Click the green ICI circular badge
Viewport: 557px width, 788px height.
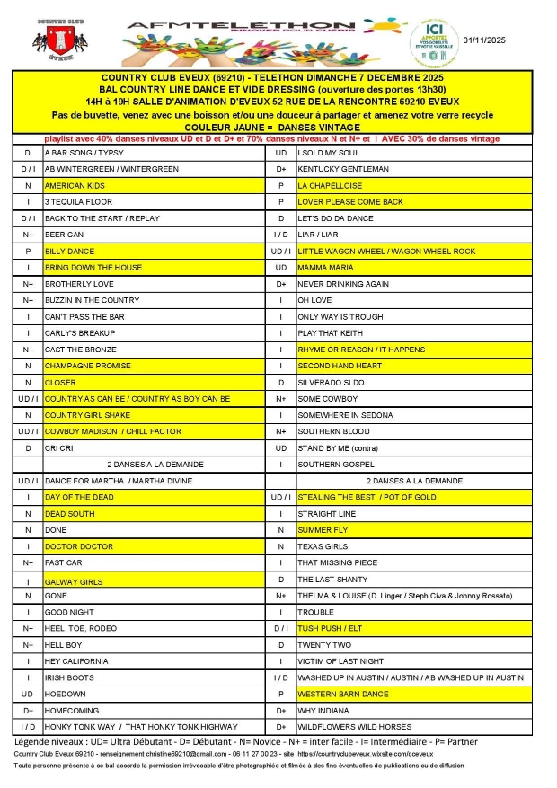[x=434, y=41]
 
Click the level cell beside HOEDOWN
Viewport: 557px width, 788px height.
[x=28, y=695]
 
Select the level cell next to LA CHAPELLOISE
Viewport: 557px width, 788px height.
[x=281, y=185]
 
